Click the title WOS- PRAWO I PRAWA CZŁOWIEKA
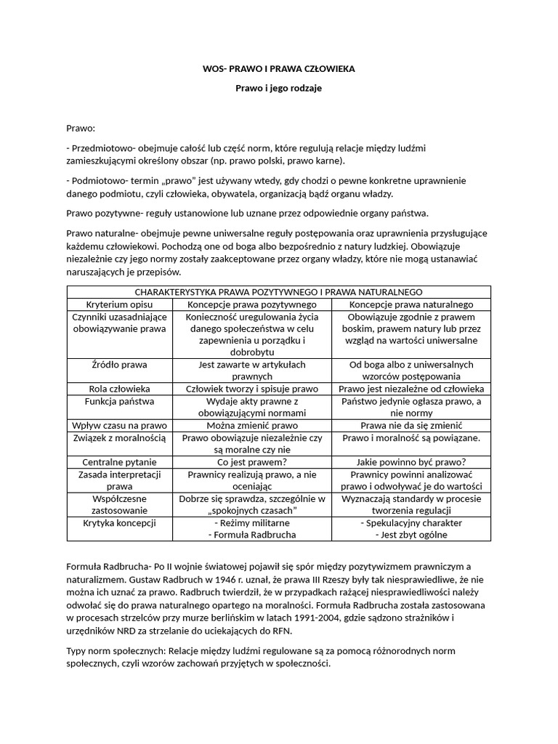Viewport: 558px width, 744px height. (x=278, y=69)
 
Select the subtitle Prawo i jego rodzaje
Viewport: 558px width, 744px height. (x=278, y=88)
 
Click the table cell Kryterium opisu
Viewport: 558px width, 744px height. (x=118, y=304)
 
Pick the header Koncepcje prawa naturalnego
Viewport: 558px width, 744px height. (x=411, y=304)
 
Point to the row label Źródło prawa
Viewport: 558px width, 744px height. (x=118, y=364)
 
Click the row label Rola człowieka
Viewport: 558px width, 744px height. (x=118, y=389)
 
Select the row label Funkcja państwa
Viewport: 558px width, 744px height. (x=118, y=401)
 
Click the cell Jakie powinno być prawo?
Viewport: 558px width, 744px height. (x=411, y=462)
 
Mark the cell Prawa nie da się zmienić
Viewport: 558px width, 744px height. (x=411, y=425)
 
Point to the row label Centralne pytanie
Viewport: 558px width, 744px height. (x=118, y=462)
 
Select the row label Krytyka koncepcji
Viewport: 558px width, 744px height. (x=118, y=523)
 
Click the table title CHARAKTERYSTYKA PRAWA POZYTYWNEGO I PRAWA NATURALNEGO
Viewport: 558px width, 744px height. (x=278, y=292)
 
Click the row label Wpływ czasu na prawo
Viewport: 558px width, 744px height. (x=118, y=425)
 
